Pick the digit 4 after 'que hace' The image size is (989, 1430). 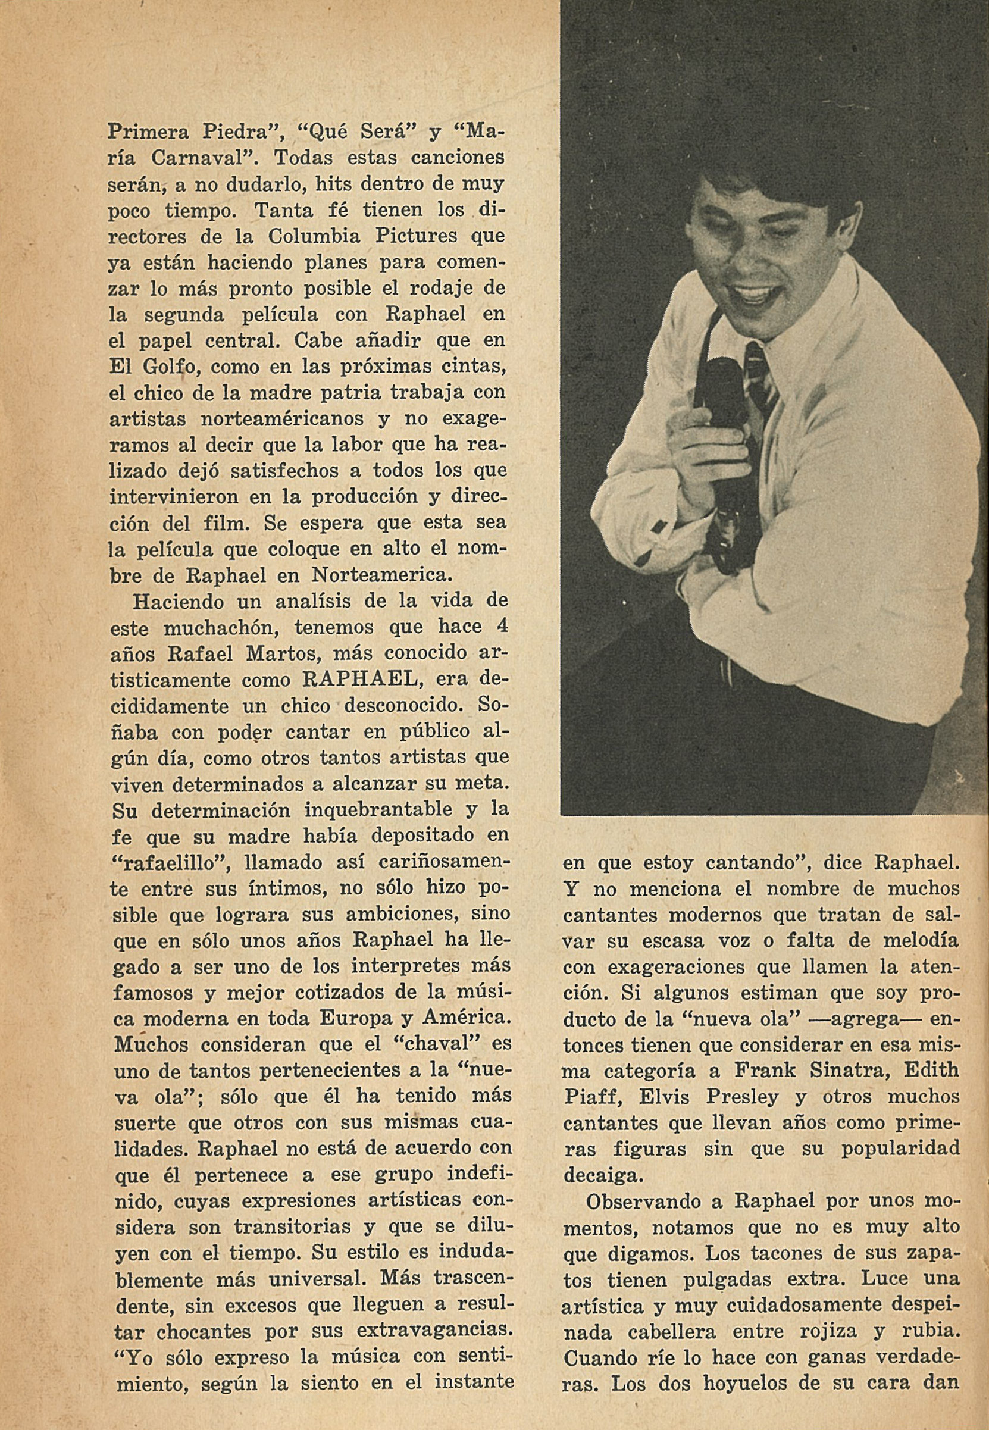503,627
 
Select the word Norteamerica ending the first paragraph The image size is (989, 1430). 379,575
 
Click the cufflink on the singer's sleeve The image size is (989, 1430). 658,527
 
